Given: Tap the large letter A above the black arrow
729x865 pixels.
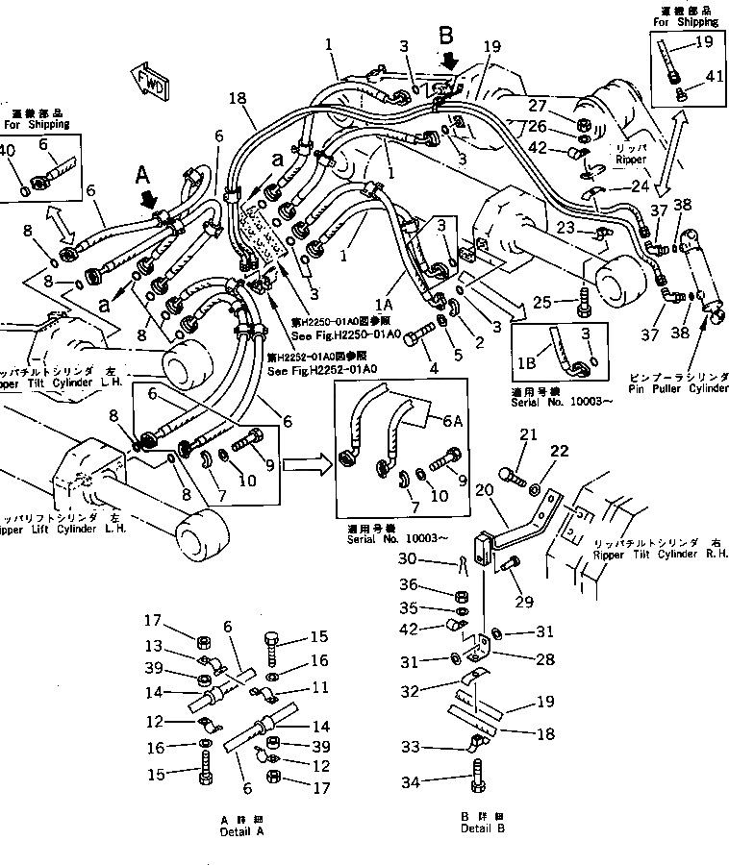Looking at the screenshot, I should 142,175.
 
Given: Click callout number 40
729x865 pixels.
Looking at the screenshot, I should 7,150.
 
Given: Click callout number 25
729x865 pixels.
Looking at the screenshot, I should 542,302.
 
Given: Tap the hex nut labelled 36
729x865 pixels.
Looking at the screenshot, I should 461,594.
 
